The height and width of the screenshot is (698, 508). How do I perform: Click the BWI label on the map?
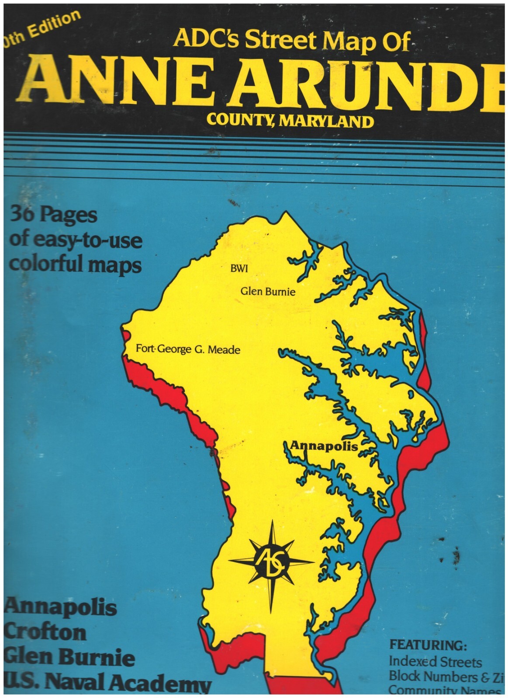(x=238, y=269)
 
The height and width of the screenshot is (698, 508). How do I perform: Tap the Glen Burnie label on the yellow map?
(x=268, y=291)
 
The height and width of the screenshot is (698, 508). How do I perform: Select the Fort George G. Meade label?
(x=188, y=349)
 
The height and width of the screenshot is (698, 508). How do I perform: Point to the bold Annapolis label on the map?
(x=324, y=446)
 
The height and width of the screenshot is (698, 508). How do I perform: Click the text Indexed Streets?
(x=435, y=661)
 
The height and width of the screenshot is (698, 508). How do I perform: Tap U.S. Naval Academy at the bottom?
(x=107, y=684)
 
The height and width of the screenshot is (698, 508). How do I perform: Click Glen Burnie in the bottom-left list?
(x=69, y=657)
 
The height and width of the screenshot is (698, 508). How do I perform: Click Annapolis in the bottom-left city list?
(x=61, y=607)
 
